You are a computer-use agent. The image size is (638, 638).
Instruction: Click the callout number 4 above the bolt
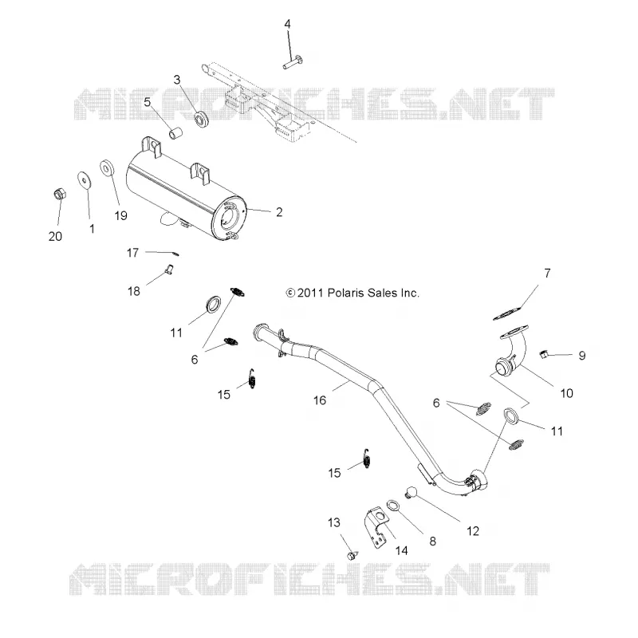coord(287,24)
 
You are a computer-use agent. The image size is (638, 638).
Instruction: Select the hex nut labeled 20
coord(60,194)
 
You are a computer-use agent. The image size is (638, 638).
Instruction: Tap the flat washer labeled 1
coord(85,179)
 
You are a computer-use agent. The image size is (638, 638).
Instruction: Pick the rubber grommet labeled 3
coord(201,118)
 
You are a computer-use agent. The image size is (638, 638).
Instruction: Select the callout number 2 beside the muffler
coord(279,212)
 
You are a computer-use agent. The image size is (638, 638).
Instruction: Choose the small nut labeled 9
coord(542,354)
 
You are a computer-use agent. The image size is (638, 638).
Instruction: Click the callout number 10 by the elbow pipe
coord(566,393)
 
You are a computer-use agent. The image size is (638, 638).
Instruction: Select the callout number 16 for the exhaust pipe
coord(320,400)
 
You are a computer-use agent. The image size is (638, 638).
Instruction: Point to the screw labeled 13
coord(352,555)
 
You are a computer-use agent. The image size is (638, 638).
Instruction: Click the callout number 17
coord(132,253)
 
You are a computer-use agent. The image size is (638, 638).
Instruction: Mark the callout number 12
coord(473,531)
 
